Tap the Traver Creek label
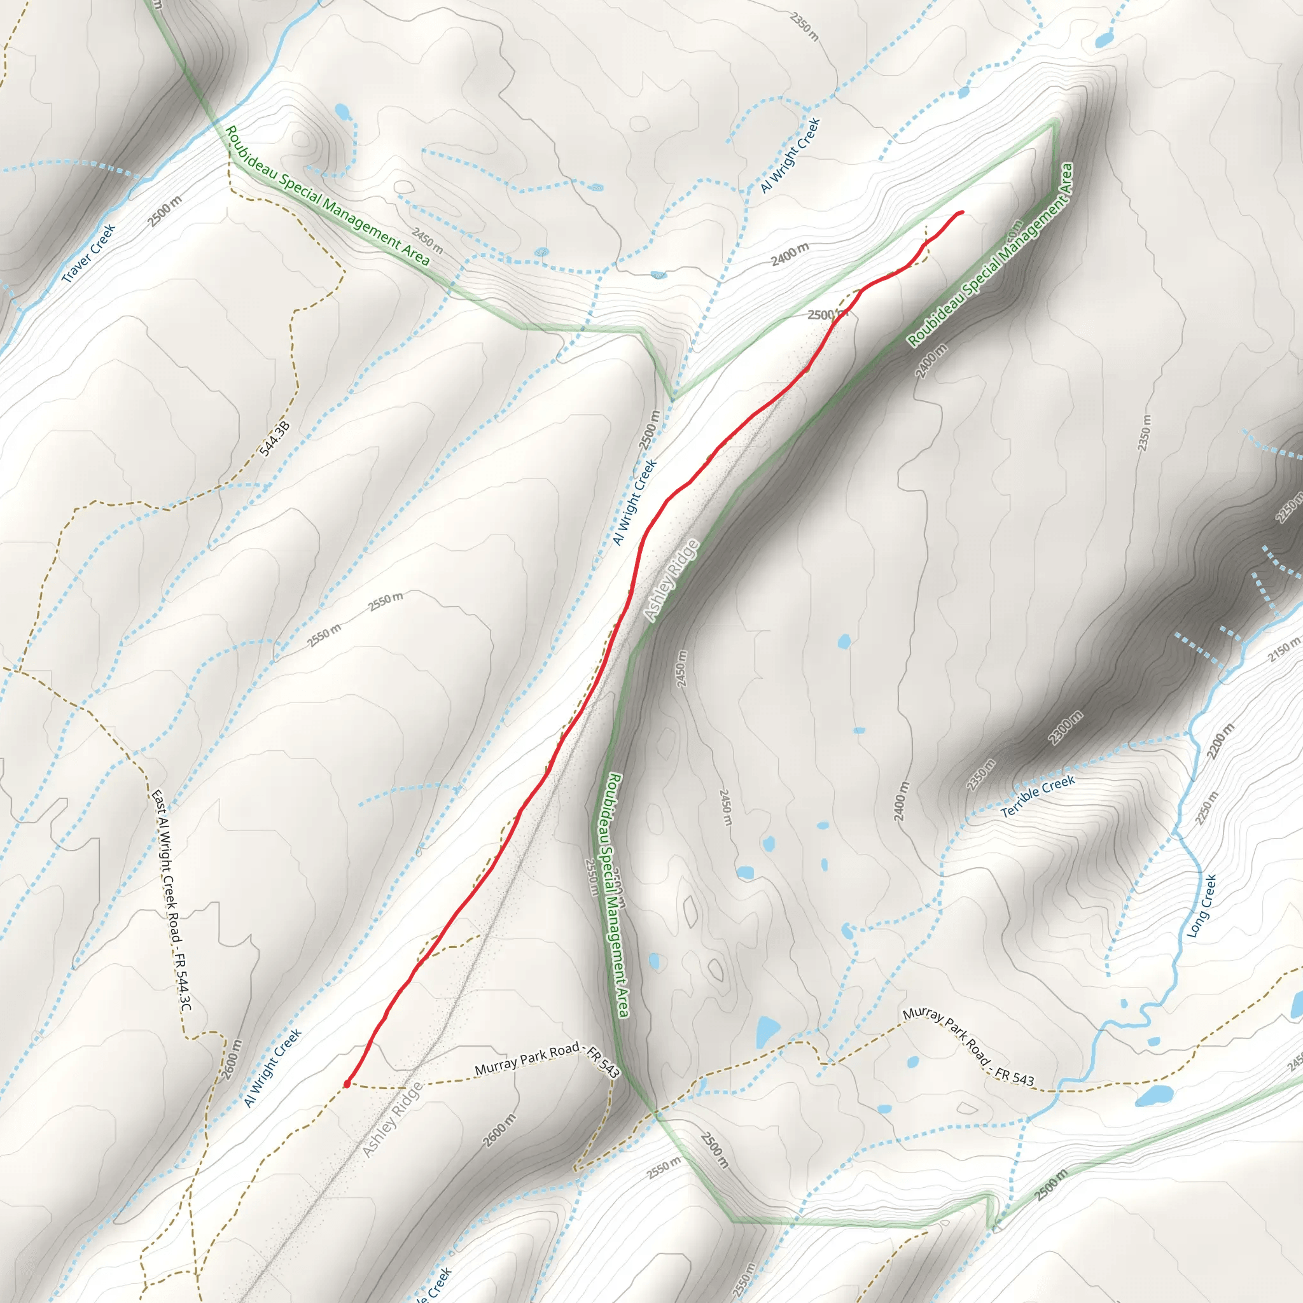(x=89, y=253)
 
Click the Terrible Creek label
(x=1037, y=797)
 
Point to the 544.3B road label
(x=274, y=438)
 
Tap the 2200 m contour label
(x=1222, y=741)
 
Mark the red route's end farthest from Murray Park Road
(x=960, y=213)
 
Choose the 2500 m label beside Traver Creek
(x=165, y=211)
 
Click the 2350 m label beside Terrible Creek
(x=980, y=775)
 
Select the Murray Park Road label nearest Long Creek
(x=968, y=1047)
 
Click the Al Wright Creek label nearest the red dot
(x=273, y=1068)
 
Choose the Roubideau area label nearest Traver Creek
(x=327, y=195)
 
